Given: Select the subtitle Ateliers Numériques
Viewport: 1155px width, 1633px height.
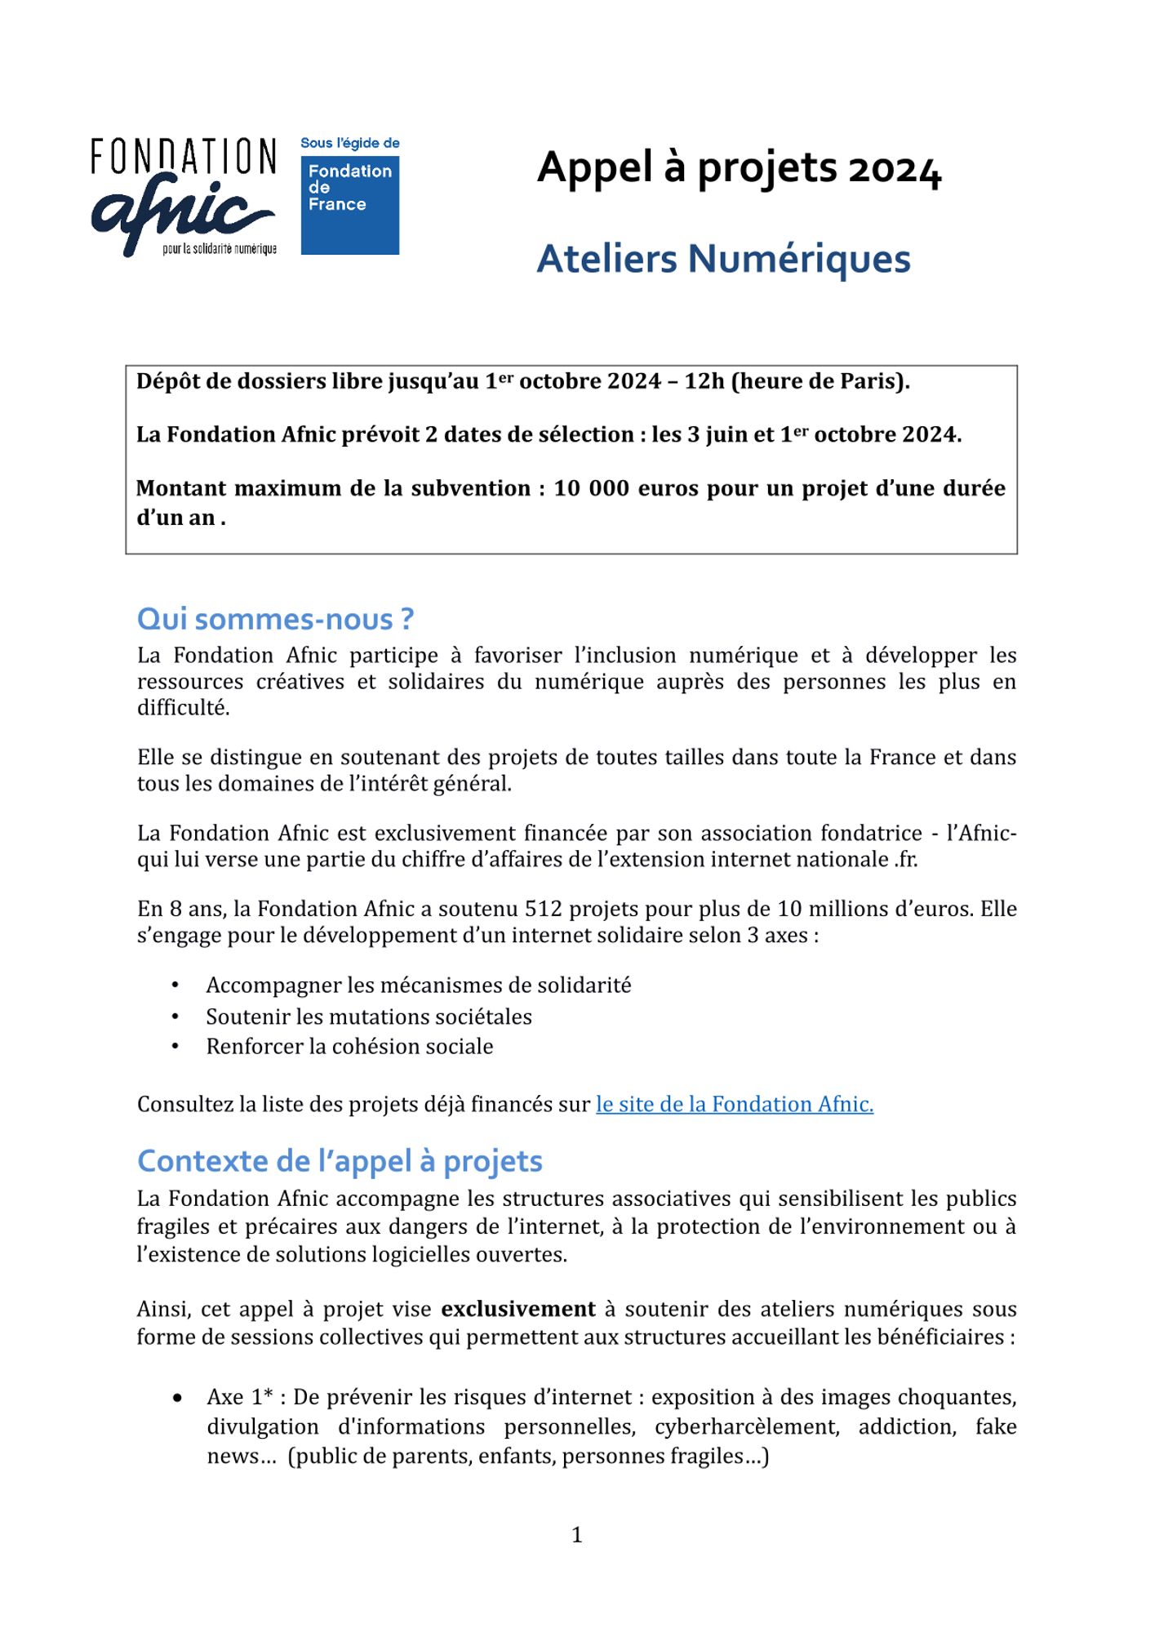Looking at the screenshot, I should pyautogui.click(x=723, y=259).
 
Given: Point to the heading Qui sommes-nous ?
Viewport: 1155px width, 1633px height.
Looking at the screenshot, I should pyautogui.click(x=275, y=620).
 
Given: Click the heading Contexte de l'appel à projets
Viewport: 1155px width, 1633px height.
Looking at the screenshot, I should pyautogui.click(x=340, y=1161).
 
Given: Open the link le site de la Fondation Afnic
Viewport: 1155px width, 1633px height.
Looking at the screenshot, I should pyautogui.click(x=735, y=1105).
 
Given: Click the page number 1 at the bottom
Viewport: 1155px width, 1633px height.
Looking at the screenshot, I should pyautogui.click(x=577, y=1536).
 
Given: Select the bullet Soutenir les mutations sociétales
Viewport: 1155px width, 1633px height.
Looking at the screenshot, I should pyautogui.click(x=369, y=1017).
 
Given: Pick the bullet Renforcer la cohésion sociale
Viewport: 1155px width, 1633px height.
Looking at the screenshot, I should pyautogui.click(x=349, y=1047).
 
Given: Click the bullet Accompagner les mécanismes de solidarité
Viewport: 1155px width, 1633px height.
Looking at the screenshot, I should pyautogui.click(x=419, y=986).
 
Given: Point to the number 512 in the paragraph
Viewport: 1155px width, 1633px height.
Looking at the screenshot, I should pyautogui.click(x=544, y=910).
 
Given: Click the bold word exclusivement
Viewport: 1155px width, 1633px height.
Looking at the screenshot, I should pyautogui.click(x=518, y=1310).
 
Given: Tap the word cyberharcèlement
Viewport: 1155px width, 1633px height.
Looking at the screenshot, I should pyautogui.click(x=746, y=1427).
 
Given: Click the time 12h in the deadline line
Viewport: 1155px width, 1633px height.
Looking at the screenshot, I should pyautogui.click(x=704, y=381).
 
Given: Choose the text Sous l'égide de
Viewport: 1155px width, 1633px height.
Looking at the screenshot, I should pyautogui.click(x=350, y=144).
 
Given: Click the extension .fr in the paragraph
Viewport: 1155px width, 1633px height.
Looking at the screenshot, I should pyautogui.click(x=905, y=860).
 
